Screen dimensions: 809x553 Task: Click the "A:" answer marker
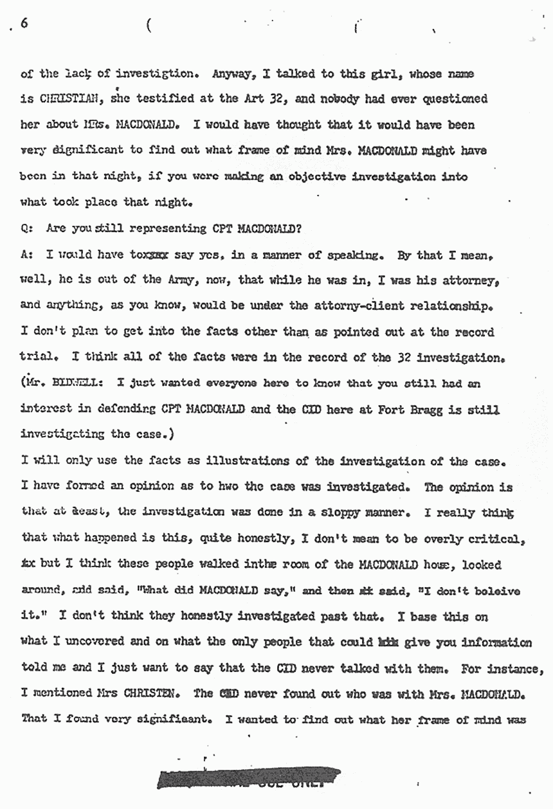tap(26, 254)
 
